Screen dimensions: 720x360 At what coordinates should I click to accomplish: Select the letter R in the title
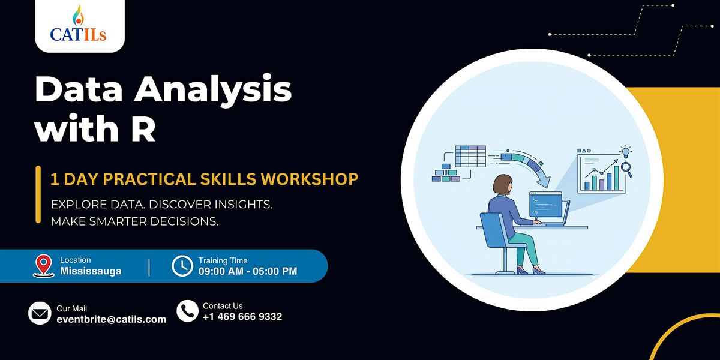pyautogui.click(x=143, y=128)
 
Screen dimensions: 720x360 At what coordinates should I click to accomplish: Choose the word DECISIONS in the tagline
pyautogui.click(x=184, y=221)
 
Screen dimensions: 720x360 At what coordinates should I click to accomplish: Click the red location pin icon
pyautogui.click(x=43, y=266)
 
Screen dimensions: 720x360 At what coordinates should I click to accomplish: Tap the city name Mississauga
pyautogui.click(x=91, y=271)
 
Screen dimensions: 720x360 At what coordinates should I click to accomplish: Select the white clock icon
pyautogui.click(x=182, y=266)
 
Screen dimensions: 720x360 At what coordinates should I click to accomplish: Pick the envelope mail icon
pyautogui.click(x=40, y=313)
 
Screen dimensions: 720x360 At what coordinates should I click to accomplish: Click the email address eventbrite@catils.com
pyautogui.click(x=112, y=319)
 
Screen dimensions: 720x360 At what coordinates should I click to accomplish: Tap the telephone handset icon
pyautogui.click(x=187, y=311)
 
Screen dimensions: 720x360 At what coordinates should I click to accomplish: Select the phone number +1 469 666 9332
pyautogui.click(x=242, y=317)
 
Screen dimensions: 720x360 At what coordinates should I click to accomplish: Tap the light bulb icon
pyautogui.click(x=625, y=152)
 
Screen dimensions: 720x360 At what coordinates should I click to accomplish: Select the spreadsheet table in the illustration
pyautogui.click(x=470, y=156)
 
